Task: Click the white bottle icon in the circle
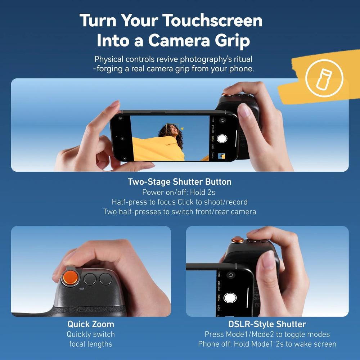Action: point(324,78)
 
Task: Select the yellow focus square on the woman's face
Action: point(172,130)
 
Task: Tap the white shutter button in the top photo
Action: point(222,139)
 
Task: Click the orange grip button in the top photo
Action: point(226,95)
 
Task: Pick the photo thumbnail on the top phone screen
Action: point(222,156)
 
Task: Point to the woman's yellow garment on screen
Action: point(158,148)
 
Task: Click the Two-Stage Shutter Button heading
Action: point(179,182)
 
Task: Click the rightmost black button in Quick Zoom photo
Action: point(106,279)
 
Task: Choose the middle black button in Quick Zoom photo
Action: point(90,279)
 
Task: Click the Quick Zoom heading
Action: point(91,324)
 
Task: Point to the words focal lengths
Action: point(91,344)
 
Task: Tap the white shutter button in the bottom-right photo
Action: point(230,298)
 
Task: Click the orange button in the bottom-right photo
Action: point(238,239)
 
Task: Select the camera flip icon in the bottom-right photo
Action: point(231,275)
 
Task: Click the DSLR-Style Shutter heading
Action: point(267,324)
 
